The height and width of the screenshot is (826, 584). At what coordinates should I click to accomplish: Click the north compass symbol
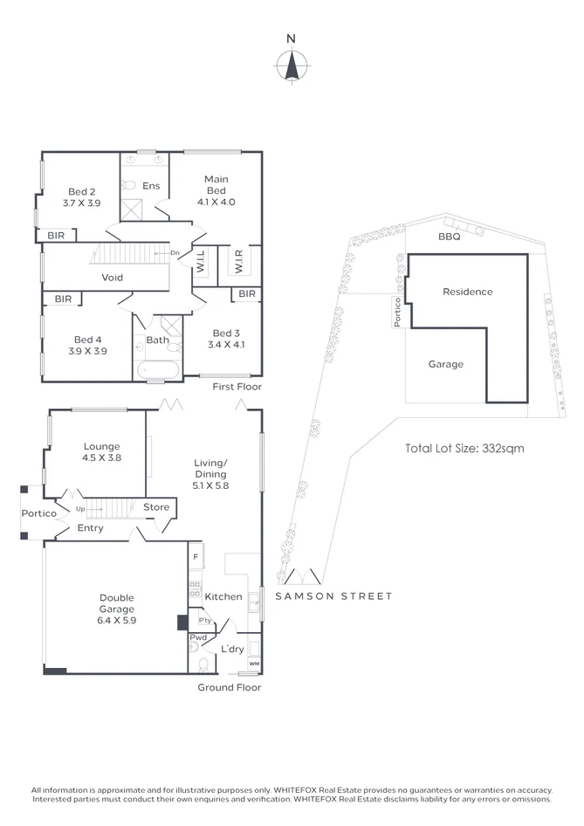292,65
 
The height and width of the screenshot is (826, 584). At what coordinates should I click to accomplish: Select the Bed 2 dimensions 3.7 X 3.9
82,203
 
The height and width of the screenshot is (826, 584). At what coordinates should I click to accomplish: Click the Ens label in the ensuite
151,186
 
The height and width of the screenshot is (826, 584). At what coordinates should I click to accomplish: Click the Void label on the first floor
112,278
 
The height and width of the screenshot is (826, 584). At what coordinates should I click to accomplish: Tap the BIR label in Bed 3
246,294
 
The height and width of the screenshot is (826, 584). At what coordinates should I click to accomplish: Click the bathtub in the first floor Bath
157,370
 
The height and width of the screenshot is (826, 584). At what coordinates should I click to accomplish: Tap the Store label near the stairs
156,507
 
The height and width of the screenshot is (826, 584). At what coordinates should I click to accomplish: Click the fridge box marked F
196,555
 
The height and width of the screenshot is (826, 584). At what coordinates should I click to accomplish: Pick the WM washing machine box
254,664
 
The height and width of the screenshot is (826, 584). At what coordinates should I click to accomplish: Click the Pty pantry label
205,621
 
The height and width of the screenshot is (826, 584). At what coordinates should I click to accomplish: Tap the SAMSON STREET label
333,596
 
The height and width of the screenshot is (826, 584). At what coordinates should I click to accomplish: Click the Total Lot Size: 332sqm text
464,448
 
